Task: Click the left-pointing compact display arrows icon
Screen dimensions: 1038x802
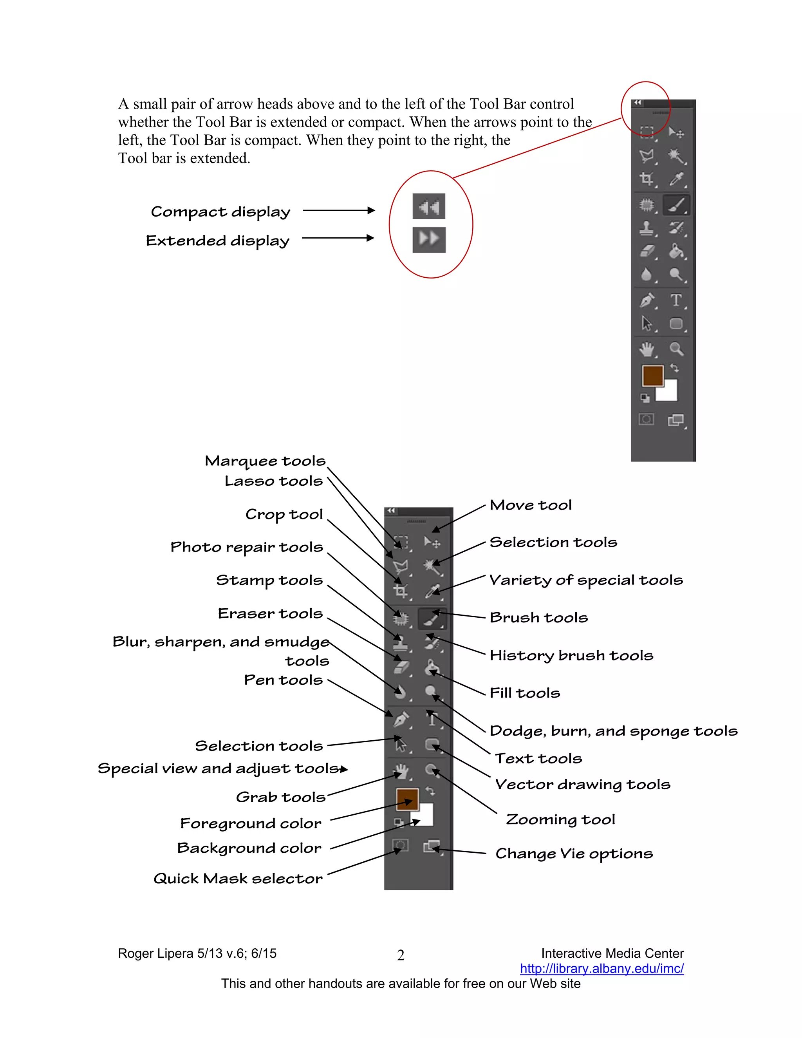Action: tap(428, 206)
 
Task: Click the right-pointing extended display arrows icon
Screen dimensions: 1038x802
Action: tap(428, 239)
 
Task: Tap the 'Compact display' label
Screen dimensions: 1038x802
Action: tap(220, 212)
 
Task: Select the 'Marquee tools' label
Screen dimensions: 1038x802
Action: tap(265, 461)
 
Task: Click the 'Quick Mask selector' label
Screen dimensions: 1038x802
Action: tap(238, 878)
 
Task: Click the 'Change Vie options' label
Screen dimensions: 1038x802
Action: tap(574, 854)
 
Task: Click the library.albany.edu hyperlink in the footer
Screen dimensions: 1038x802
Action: tap(601, 969)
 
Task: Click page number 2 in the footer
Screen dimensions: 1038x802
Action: tap(401, 955)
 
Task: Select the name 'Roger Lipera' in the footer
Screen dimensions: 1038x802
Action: tap(156, 953)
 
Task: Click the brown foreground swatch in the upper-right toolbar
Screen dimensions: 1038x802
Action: tap(652, 376)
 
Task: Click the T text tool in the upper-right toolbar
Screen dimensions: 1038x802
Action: tap(676, 300)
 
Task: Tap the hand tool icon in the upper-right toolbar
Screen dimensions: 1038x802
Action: tap(647, 349)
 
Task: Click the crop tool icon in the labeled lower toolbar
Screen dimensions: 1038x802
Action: tap(401, 591)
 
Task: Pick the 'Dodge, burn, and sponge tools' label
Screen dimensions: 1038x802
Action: tap(613, 731)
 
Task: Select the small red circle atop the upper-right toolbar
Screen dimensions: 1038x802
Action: tap(645, 109)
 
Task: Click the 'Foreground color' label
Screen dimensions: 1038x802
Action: tap(250, 823)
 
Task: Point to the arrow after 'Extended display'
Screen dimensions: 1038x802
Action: tap(338, 238)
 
